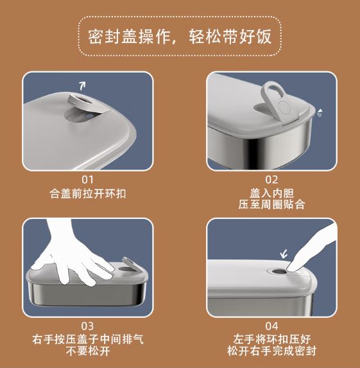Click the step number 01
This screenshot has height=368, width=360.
(87, 180)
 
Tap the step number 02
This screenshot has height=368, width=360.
(271, 180)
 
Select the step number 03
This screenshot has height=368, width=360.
(87, 326)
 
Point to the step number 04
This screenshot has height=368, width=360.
(271, 326)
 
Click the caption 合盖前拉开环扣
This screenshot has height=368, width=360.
(87, 194)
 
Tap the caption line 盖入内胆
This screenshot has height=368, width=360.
(271, 193)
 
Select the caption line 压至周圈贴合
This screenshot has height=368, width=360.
(271, 204)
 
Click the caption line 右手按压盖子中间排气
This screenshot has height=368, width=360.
(88, 339)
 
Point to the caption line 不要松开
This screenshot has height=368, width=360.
(88, 351)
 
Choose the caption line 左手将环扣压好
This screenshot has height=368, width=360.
(272, 339)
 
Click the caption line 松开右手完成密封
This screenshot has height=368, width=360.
(271, 351)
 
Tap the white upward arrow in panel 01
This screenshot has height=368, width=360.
(82, 86)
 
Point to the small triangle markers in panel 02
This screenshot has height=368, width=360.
(320, 113)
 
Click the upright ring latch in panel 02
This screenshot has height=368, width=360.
(277, 101)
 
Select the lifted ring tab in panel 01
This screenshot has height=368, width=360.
(83, 101)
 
